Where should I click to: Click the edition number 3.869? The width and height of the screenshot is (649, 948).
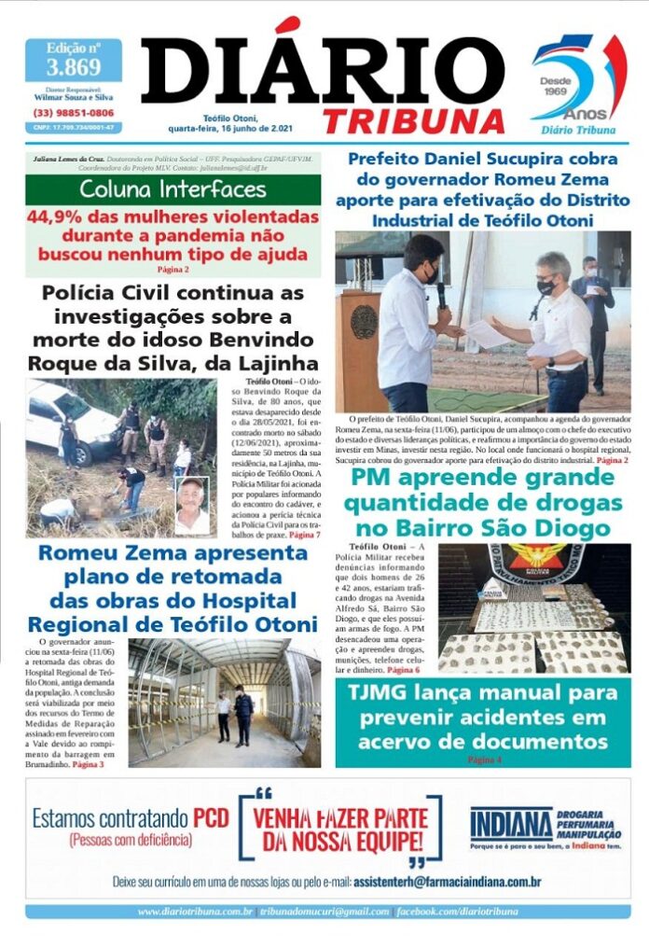pyautogui.click(x=74, y=67)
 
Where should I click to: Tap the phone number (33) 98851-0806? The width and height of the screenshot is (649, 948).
pyautogui.click(x=74, y=113)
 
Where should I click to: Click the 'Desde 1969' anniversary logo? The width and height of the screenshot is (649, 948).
pyautogui.click(x=577, y=80)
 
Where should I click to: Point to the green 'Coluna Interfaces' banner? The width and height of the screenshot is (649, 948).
pyautogui.click(x=173, y=190)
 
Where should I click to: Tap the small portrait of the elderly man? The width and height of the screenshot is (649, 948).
pyautogui.click(x=192, y=505)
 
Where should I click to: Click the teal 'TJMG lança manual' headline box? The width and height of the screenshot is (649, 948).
pyautogui.click(x=482, y=718)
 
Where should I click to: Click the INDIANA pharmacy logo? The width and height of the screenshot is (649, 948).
pyautogui.click(x=511, y=825)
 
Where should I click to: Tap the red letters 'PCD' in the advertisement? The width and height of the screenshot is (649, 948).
pyautogui.click(x=211, y=818)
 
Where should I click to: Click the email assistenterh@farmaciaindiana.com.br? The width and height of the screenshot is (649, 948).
pyautogui.click(x=448, y=881)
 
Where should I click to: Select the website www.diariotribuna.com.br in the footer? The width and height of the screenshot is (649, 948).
pyautogui.click(x=195, y=911)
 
